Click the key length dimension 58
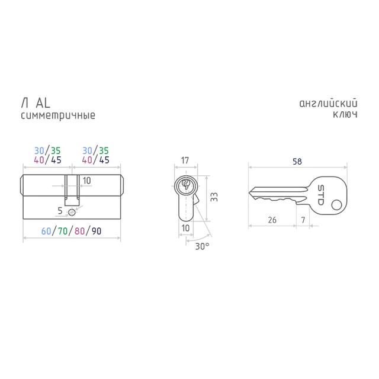pos(297,162)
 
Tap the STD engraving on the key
pos(320,195)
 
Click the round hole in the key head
pos(336,205)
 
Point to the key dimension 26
pos(272,220)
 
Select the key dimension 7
pos(303,220)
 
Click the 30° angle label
pos(202,246)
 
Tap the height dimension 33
pos(214,197)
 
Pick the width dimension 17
pos(185,160)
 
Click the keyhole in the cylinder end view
pos(185,184)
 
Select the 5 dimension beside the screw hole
pos(60,211)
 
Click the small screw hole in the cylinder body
pos(72,213)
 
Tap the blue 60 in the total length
pos(46,231)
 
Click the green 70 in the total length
pos(63,231)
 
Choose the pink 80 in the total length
pos(79,231)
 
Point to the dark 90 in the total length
pos(97,231)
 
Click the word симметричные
pos(58,115)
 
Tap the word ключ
pos(345,114)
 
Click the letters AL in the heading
pos(43,103)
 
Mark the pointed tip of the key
pos(249,192)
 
